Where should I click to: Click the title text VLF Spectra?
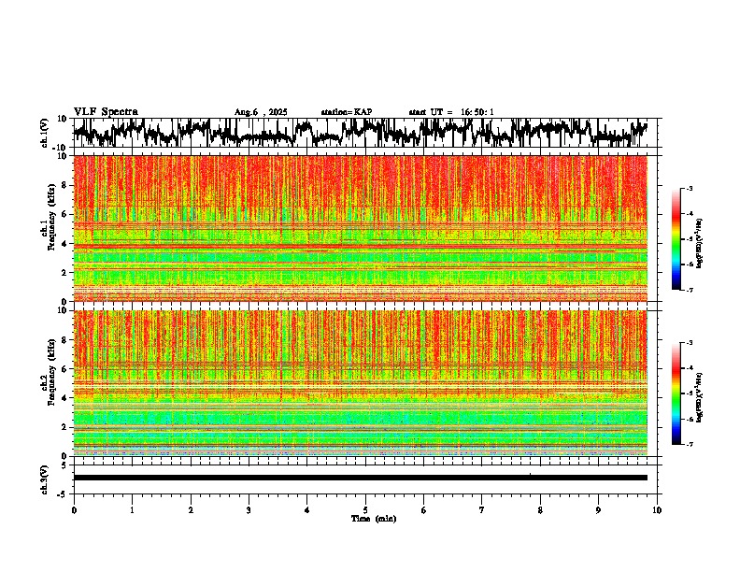coord(106,112)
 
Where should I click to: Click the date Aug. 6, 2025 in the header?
coord(261,112)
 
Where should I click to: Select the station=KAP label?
coord(347,112)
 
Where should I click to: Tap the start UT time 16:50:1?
coord(451,112)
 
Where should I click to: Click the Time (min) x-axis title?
coord(373,518)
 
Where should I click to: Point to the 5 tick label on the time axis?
coord(365,510)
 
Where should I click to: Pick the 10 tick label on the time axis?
coord(657,510)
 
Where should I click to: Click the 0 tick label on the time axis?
coord(74,510)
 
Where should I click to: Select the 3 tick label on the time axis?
coord(249,510)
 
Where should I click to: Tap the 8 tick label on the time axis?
coord(540,510)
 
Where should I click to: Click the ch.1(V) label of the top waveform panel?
coord(45,134)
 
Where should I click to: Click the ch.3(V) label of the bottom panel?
coord(45,477)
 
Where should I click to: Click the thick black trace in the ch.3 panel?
coord(360,478)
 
